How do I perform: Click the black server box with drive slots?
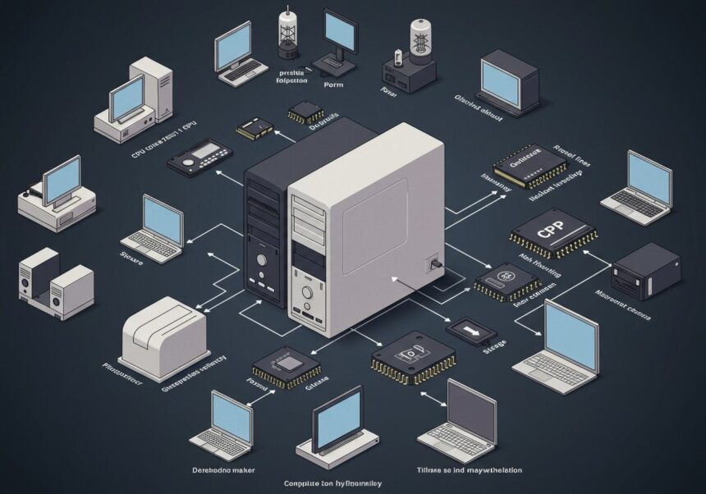click(646, 270)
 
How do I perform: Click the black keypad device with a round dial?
click(199, 156)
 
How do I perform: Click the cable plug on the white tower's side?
click(434, 265)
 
